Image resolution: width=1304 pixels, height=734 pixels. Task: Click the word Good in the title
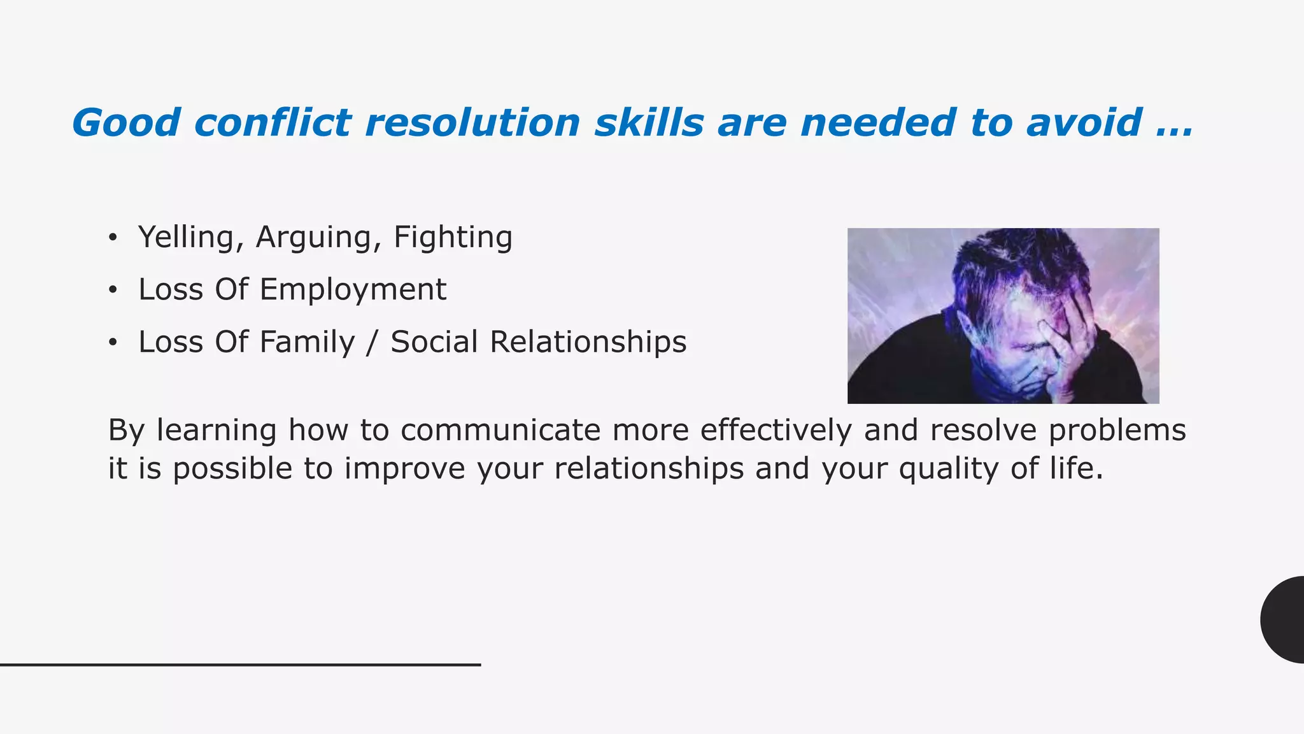point(126,122)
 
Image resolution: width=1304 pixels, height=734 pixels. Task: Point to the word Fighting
point(453,237)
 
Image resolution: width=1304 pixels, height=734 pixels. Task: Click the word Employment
point(353,289)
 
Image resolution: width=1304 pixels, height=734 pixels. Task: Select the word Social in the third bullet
point(434,342)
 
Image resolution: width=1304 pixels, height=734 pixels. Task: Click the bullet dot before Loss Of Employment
point(113,291)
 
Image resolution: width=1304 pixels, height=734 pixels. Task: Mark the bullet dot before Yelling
point(113,238)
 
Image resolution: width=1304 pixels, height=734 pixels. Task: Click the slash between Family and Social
point(372,342)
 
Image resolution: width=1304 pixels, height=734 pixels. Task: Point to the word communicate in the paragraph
point(500,430)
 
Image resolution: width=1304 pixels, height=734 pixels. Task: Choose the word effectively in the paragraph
point(776,430)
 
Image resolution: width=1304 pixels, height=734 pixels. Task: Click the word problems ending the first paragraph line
point(1117,430)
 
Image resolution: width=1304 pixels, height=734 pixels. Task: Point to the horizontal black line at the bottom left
point(240,665)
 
